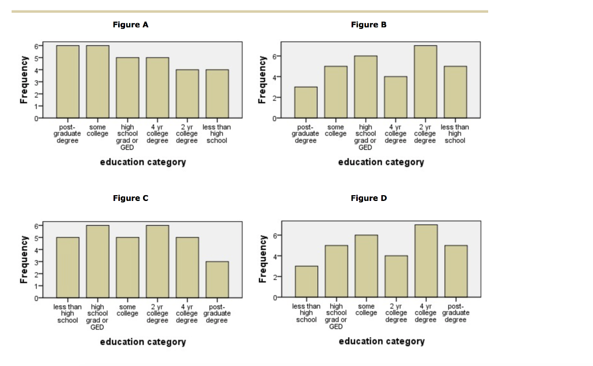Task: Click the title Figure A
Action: tap(130, 24)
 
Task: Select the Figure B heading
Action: tap(368, 24)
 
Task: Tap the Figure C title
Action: tap(130, 198)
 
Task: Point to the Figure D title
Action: tap(368, 198)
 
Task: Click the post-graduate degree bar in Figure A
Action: tap(68, 81)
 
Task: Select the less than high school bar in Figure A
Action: tap(217, 93)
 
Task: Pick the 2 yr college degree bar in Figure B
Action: tap(426, 82)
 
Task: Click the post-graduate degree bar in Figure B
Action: tap(306, 103)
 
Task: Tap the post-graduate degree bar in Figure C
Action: tap(217, 279)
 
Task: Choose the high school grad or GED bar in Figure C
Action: tap(97, 261)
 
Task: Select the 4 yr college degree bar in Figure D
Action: tap(426, 261)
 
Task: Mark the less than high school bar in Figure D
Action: tap(306, 281)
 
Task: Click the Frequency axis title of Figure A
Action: tap(24, 80)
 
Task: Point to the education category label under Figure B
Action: tap(381, 162)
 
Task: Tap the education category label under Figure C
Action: tap(143, 342)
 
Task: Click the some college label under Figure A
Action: tap(97, 130)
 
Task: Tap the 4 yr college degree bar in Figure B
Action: tap(396, 97)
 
